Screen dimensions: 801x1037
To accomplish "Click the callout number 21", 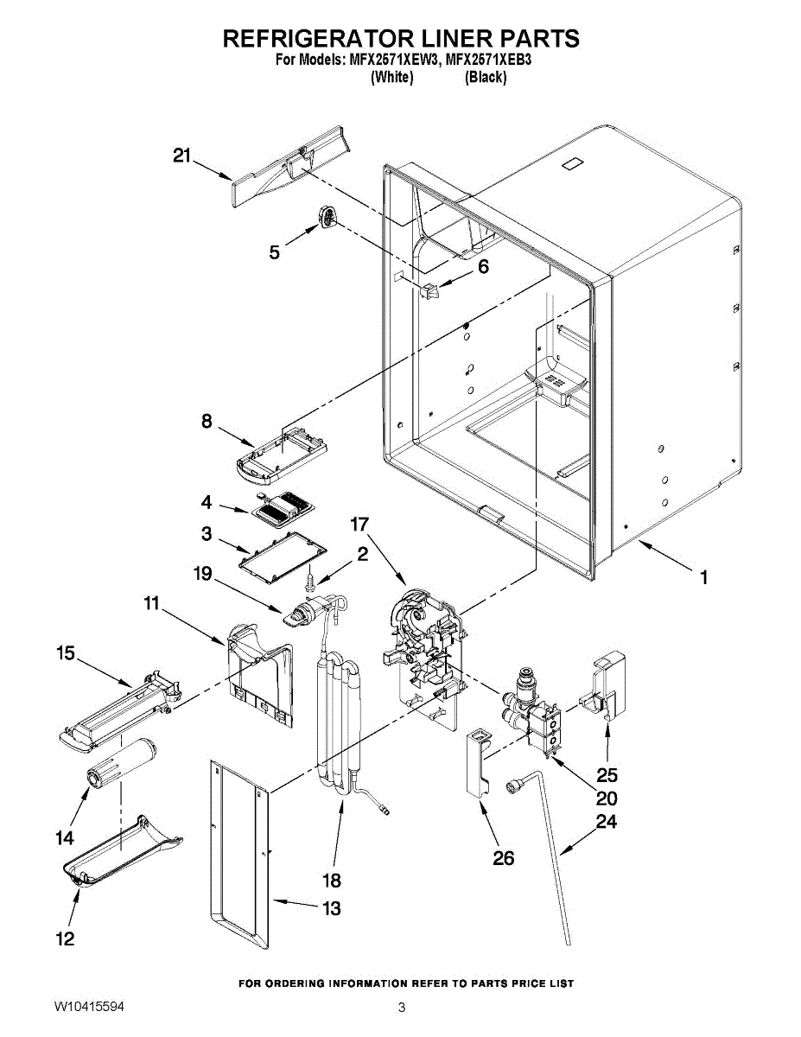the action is [181, 156].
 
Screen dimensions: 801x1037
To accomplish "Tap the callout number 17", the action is [359, 525].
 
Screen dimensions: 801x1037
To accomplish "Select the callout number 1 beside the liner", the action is [703, 577].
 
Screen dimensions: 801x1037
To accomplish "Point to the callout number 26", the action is [503, 858].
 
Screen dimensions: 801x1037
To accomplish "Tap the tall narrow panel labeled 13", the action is [239, 854].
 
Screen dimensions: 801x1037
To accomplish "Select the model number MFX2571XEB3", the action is [488, 60].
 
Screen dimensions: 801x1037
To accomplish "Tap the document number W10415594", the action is [89, 1007].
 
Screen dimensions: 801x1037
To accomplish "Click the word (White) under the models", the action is [391, 77].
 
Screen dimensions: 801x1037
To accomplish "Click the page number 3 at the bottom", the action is [402, 1007].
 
